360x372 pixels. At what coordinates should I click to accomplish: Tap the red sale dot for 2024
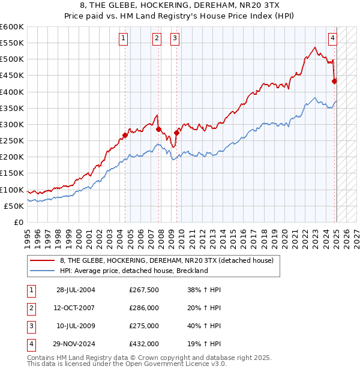coord(335,81)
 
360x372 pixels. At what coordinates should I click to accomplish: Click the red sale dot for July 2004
coord(125,135)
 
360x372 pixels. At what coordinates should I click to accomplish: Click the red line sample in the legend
coord(43,260)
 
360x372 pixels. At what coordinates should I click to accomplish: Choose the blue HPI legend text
coord(134,271)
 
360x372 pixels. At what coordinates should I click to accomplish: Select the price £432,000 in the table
coord(144,344)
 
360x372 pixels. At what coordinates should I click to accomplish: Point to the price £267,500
coord(144,290)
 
